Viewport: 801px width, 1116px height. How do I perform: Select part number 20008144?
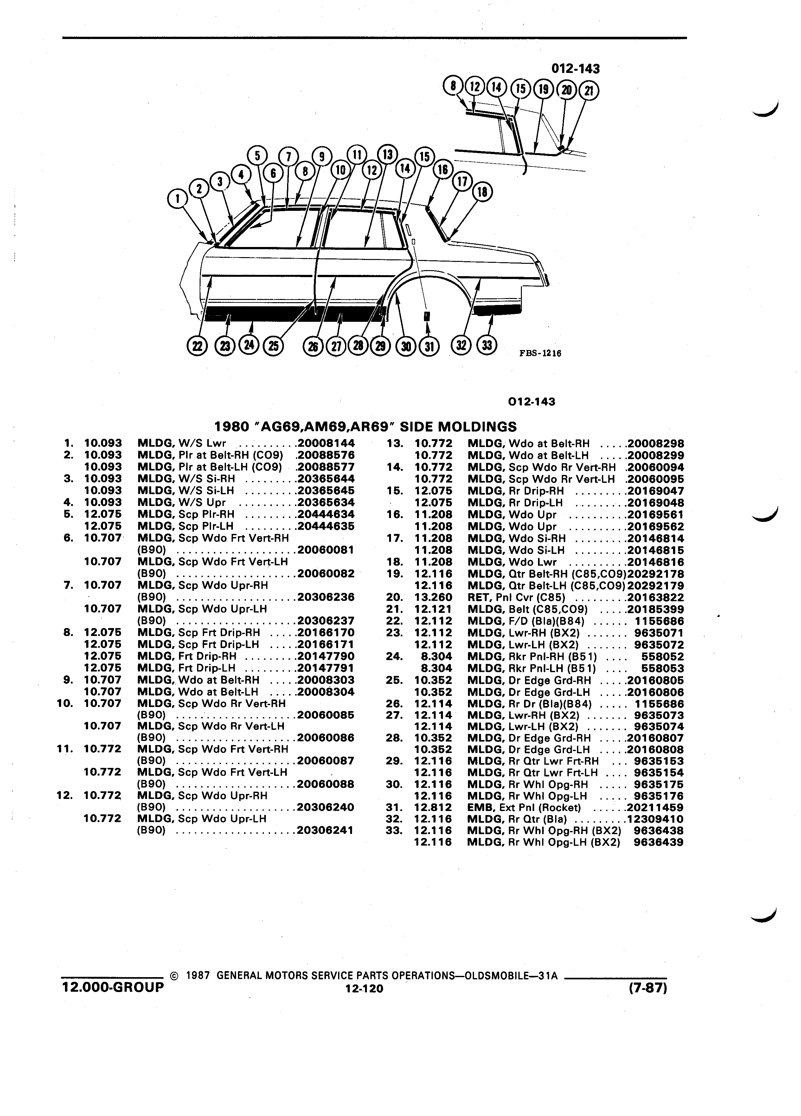pyautogui.click(x=326, y=443)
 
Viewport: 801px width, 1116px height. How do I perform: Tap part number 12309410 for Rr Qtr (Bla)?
pyautogui.click(x=655, y=819)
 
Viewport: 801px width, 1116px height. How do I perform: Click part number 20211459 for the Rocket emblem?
pyautogui.click(x=655, y=808)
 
